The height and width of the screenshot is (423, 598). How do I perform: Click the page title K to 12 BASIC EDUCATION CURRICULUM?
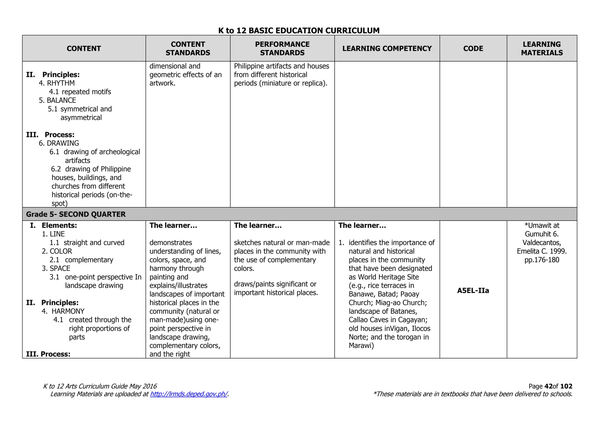pos(299,30)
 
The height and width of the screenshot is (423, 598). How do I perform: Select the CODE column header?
pos(473,48)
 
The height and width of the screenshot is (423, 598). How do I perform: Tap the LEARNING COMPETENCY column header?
pos(387,48)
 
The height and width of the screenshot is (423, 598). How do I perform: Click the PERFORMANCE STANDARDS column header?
pos(282,48)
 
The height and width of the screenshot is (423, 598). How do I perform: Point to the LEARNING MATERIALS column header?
pos(542,48)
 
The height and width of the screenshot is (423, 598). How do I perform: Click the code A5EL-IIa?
pos(473,290)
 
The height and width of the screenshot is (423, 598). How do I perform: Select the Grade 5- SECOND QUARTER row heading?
pos(76,214)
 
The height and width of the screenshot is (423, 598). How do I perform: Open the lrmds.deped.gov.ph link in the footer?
pos(189,394)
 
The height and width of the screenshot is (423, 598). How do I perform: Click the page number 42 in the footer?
pos(548,386)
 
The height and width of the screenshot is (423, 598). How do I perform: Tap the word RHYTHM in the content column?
pos(61,83)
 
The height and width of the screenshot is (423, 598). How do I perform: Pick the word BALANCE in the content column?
pos(61,100)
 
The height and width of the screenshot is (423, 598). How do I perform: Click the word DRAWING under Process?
pos(63,143)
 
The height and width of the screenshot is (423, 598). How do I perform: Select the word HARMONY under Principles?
pos(68,311)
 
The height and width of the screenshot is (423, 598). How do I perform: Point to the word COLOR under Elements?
pos(61,251)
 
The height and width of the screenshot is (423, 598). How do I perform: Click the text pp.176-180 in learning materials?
pos(542,260)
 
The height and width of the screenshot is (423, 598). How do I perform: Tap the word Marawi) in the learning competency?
pos(361,346)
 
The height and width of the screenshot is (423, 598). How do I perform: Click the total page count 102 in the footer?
pos(566,386)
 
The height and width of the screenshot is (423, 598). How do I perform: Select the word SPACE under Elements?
pos(60,268)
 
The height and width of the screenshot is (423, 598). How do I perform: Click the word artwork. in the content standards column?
pos(162,83)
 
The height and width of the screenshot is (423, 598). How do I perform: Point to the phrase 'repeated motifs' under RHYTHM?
pos(86,92)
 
